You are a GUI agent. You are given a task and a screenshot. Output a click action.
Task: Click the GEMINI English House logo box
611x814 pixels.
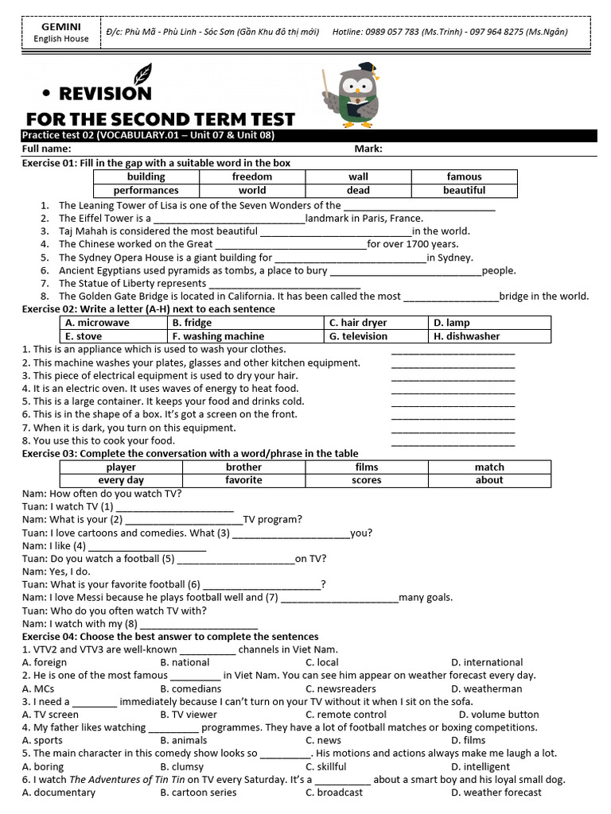point(56,32)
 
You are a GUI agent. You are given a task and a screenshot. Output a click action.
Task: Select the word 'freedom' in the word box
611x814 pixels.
point(252,176)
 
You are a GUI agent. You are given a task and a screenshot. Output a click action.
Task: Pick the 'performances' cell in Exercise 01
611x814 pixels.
point(146,190)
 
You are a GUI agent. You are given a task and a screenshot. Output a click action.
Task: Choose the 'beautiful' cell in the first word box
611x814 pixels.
point(464,190)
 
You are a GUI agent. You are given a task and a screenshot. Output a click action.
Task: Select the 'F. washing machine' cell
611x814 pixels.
point(218,336)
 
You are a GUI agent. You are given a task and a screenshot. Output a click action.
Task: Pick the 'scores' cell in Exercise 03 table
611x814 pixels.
point(367,480)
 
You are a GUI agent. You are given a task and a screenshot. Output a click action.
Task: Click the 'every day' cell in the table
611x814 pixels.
point(121,480)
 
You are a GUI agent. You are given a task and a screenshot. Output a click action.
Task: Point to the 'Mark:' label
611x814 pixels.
point(368,149)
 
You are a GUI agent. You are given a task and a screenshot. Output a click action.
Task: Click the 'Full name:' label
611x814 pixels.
point(47,149)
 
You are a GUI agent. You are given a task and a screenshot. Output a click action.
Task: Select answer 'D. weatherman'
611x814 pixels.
point(487,688)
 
